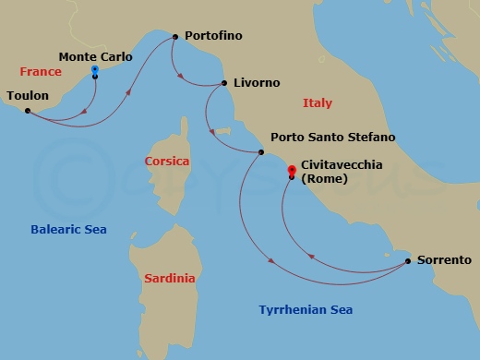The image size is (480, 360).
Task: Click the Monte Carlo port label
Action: pyautogui.click(x=96, y=56)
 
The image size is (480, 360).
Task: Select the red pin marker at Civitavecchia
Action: pyautogui.click(x=292, y=171)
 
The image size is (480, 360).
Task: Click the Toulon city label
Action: pyautogui.click(x=28, y=95)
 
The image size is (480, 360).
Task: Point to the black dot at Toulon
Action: pyautogui.click(x=28, y=111)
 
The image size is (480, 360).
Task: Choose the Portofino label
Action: pyautogui.click(x=213, y=36)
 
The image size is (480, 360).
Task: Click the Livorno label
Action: pyautogui.click(x=257, y=83)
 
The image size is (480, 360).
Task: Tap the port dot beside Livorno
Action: pyautogui.click(x=224, y=83)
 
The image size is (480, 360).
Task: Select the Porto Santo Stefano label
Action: pyautogui.click(x=332, y=138)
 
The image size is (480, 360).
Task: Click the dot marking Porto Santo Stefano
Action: pyautogui.click(x=262, y=152)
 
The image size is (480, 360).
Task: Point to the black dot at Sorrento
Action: pyautogui.click(x=408, y=261)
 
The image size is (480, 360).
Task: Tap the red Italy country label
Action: pyautogui.click(x=318, y=103)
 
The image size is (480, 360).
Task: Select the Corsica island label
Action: pyautogui.click(x=167, y=162)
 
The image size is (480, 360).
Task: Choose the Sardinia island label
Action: pyautogui.click(x=169, y=277)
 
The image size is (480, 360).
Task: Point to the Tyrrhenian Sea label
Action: pyautogui.click(x=306, y=310)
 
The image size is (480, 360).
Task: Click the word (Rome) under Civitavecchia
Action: pyautogui.click(x=324, y=180)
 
